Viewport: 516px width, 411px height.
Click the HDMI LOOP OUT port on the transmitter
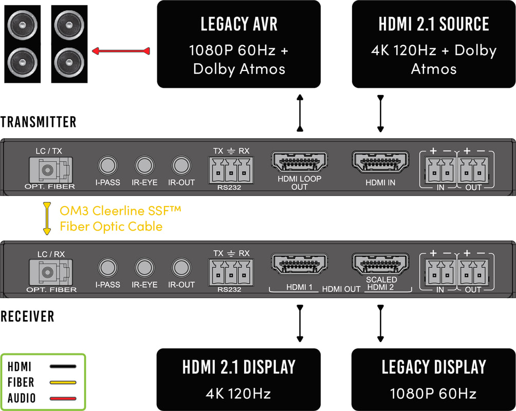pos(299,162)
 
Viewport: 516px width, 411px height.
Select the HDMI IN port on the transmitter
pos(380,162)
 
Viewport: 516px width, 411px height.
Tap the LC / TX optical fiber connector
pos(51,170)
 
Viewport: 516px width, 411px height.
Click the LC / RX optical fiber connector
pos(51,272)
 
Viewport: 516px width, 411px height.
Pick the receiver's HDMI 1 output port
pos(299,264)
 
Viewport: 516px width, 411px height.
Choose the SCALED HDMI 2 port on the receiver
pos(380,264)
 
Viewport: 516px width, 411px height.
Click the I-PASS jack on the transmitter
pos(107,165)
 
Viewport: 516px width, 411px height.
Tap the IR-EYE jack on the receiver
pos(144,267)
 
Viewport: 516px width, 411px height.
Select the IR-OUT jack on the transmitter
pos(181,165)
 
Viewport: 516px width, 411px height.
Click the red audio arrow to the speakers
pos(121,51)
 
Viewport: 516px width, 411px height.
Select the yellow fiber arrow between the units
pos(47,218)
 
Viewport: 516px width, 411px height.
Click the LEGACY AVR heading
pos(239,24)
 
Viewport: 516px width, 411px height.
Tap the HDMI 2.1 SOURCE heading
pos(433,24)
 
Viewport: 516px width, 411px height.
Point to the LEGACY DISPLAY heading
pos(433,367)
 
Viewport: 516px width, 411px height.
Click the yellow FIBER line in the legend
pos(63,382)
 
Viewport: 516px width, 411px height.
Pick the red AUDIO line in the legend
pos(63,399)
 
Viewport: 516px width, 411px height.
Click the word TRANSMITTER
pos(38,122)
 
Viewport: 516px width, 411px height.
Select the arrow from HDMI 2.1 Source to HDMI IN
pos(380,114)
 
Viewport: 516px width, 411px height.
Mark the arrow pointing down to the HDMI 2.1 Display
pos(300,324)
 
